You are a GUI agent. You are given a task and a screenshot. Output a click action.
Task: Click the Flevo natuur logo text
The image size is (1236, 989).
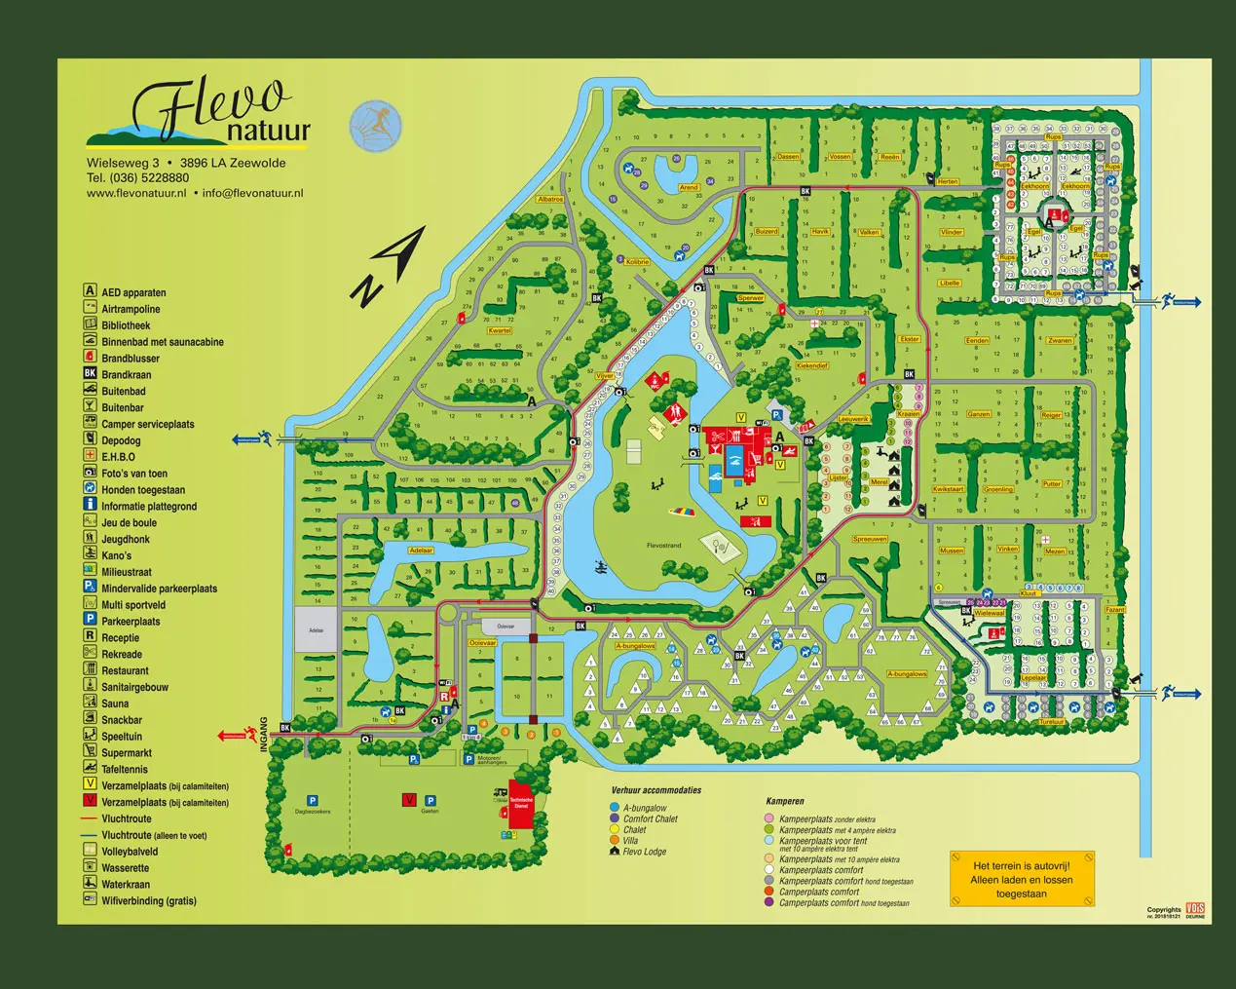coord(214,112)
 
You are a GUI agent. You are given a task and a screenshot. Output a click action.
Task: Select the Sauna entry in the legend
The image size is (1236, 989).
coord(115,704)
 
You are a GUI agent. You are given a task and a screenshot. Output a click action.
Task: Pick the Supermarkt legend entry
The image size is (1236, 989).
coord(127,753)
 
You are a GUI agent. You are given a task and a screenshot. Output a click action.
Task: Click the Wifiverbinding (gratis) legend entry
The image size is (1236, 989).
coord(148,901)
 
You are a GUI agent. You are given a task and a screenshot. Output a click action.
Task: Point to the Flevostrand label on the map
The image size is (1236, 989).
coord(663,546)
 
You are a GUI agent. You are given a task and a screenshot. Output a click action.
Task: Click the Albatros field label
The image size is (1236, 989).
coord(550,200)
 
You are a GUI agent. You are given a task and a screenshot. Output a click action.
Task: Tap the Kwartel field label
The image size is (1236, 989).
coord(500,331)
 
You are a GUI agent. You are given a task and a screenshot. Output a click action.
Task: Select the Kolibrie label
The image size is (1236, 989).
coord(637,262)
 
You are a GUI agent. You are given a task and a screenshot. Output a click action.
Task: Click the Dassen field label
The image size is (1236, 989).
coord(788,157)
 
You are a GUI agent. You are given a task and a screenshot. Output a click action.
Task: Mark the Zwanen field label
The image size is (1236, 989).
coord(1060,341)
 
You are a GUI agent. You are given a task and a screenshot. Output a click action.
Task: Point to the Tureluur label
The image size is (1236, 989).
coord(1052,722)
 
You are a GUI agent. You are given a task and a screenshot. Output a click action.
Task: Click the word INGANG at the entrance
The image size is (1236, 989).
coord(263,736)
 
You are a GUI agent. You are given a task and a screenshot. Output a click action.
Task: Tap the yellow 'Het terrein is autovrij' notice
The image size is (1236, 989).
coord(1022,880)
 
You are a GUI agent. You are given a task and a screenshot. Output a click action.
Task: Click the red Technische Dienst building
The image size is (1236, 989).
coord(521,807)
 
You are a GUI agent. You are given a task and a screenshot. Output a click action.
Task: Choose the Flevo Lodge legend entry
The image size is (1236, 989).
coord(644,852)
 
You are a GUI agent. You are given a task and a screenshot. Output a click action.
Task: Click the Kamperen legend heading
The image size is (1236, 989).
coord(785,802)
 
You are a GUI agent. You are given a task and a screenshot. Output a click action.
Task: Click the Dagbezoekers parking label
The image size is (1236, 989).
coord(313,811)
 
